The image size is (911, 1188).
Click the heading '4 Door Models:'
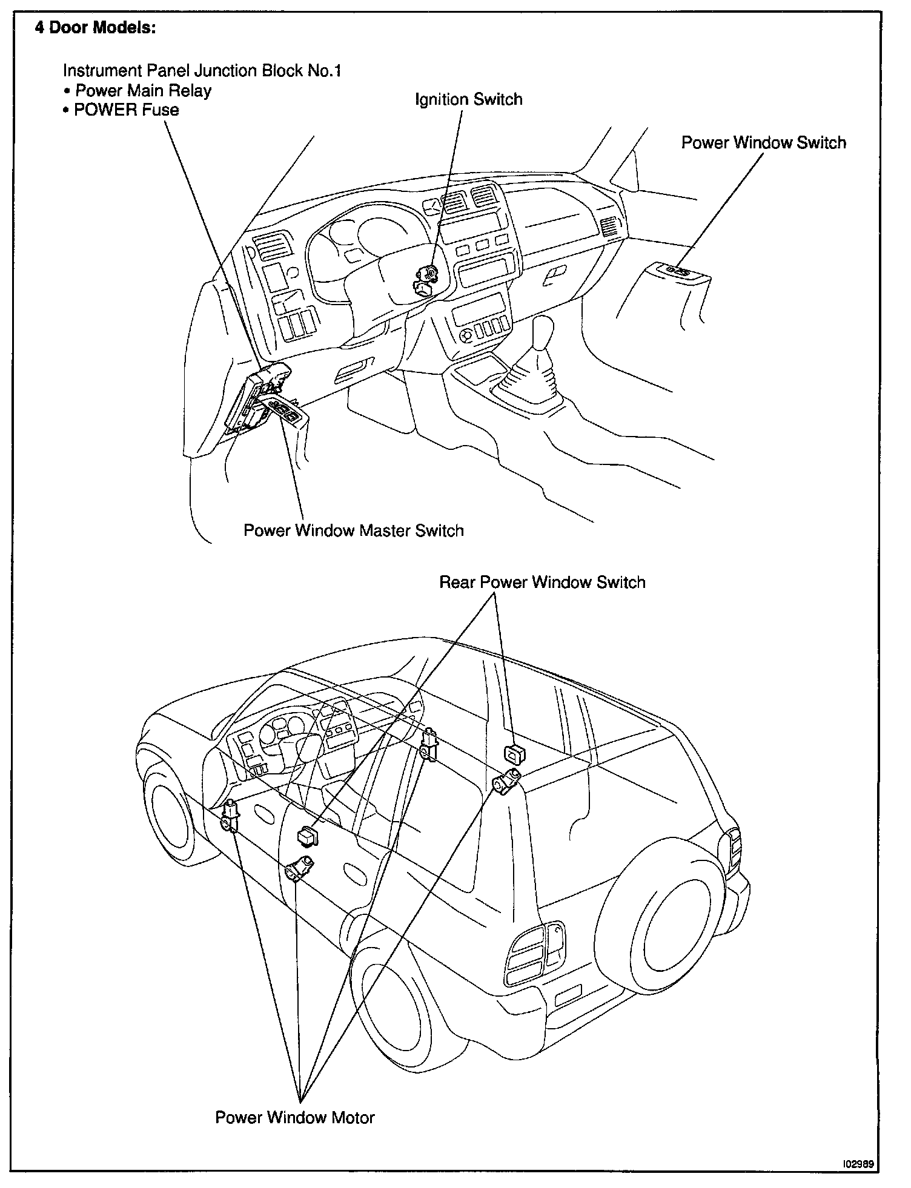[x=95, y=30]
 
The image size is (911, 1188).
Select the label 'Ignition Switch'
[x=468, y=99]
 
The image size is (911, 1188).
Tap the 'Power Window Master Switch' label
[x=353, y=530]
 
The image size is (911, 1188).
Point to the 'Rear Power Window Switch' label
[x=542, y=582]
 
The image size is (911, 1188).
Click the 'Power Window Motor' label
[x=295, y=1117]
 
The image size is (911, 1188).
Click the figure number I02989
[x=857, y=1164]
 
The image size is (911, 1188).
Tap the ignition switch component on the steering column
[x=426, y=280]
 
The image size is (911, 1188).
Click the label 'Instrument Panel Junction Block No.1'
[x=202, y=71]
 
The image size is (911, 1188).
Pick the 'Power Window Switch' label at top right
[x=763, y=143]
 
